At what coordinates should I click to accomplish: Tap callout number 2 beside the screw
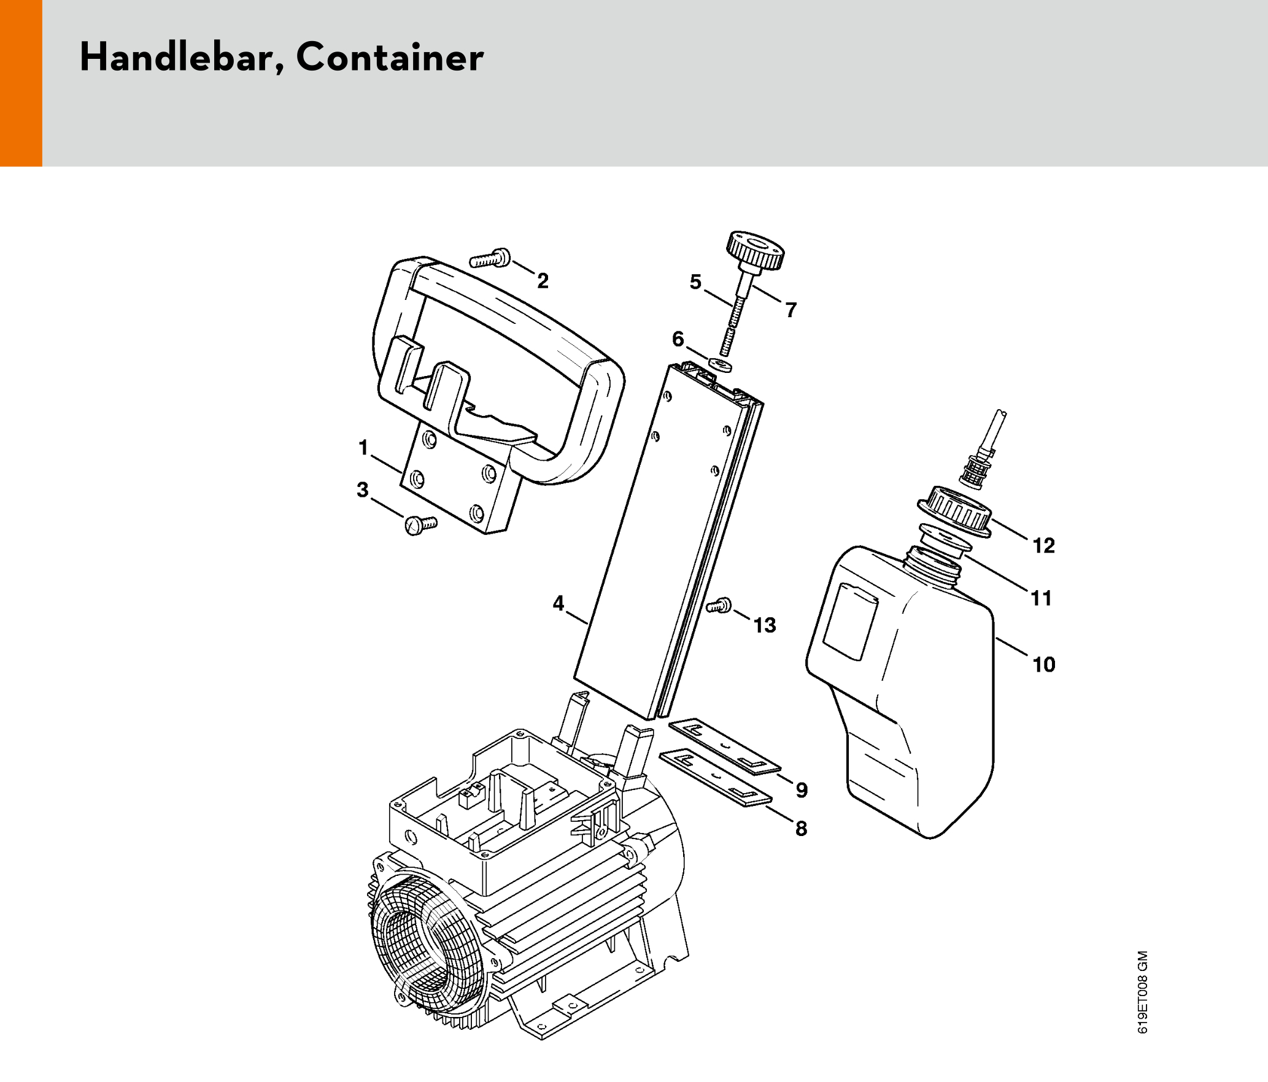543,281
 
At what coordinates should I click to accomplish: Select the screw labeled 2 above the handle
490,259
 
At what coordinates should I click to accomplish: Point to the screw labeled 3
420,525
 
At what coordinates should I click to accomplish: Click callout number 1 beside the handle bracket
363,448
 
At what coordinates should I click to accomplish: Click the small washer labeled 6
719,364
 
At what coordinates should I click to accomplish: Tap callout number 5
695,282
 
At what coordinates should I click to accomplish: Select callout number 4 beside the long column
558,603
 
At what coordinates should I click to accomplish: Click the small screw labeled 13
719,606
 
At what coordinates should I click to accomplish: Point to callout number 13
765,625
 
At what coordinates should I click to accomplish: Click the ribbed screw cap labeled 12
955,510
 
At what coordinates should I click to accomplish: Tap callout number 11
1041,597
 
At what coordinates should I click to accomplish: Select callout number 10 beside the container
1043,664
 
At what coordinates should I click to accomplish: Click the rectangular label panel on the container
850,621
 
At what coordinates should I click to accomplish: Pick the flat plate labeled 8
715,778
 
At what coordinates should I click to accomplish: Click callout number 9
802,789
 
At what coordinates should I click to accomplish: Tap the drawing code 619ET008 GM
1142,992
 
